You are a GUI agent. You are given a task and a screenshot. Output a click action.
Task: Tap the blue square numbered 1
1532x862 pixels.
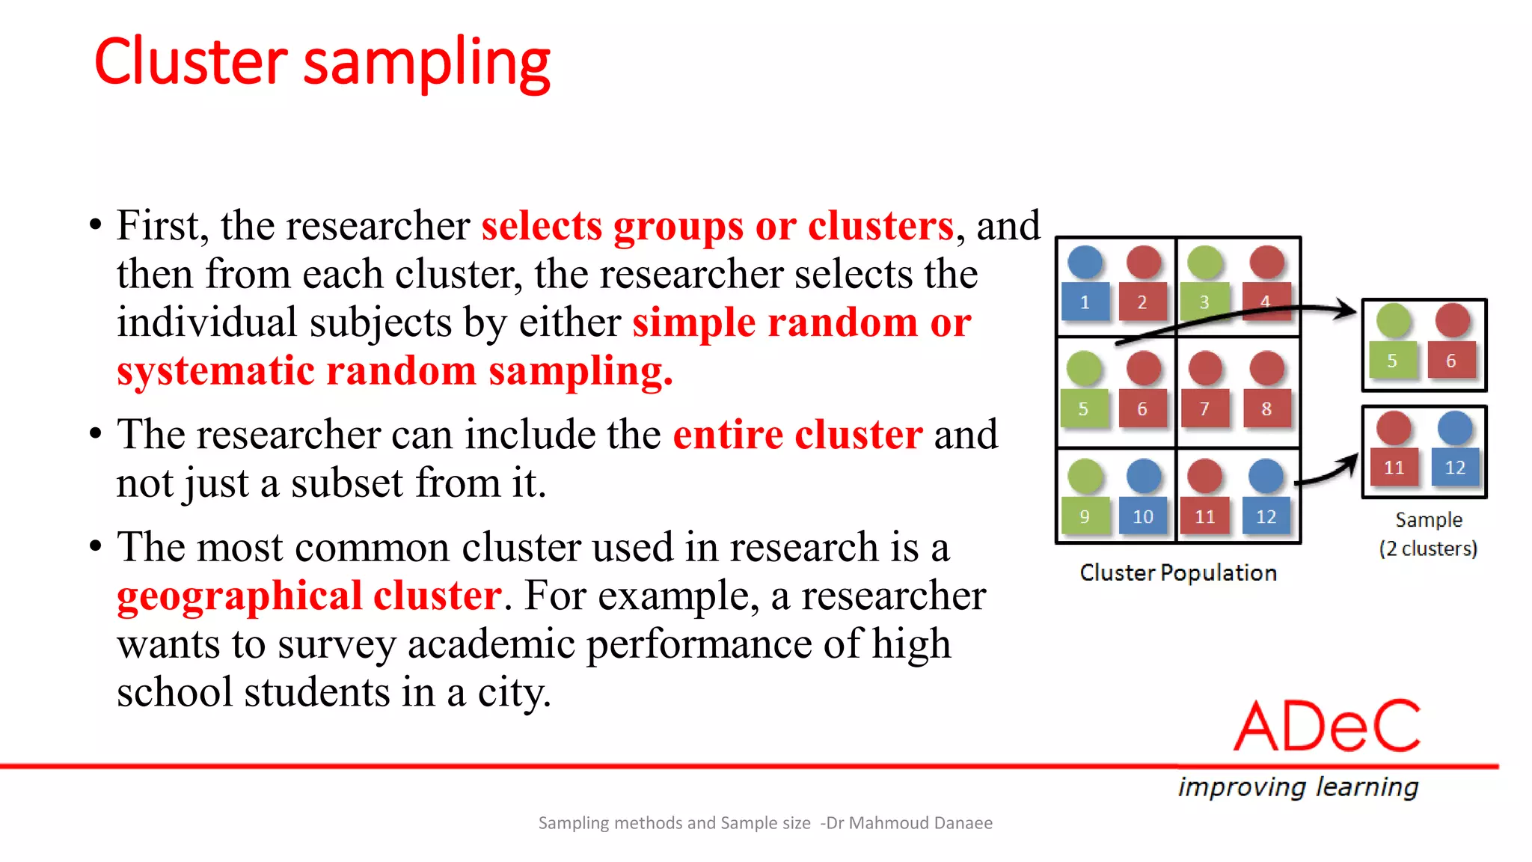pyautogui.click(x=1084, y=302)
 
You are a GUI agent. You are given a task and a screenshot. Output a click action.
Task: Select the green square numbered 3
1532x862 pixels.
pyautogui.click(x=1204, y=302)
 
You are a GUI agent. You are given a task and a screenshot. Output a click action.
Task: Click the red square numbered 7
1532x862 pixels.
pyautogui.click(x=1204, y=409)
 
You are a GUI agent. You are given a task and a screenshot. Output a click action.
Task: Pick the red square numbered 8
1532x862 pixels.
pyautogui.click(x=1266, y=409)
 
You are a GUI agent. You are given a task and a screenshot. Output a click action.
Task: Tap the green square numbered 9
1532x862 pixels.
pyautogui.click(x=1084, y=516)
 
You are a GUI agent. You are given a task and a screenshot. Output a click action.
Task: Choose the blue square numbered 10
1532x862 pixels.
pyautogui.click(x=1143, y=516)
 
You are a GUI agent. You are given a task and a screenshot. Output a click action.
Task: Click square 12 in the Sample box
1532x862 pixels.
pyautogui.click(x=1454, y=468)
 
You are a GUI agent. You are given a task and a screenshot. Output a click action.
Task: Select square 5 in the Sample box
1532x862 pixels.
pyautogui.click(x=1392, y=361)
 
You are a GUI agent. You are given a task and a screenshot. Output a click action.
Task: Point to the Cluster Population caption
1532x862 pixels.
pyautogui.click(x=1178, y=572)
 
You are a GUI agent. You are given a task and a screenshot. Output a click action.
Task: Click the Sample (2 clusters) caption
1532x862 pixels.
pyautogui.click(x=1428, y=534)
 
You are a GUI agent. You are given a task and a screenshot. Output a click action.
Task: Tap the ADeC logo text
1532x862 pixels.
pyautogui.click(x=1327, y=726)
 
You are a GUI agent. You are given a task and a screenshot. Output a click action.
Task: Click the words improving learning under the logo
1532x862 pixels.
pyautogui.click(x=1298, y=787)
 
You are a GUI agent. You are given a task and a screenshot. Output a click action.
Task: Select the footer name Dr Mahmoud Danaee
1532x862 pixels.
pyautogui.click(x=909, y=823)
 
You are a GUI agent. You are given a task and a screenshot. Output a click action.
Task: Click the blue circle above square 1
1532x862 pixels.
pyautogui.click(x=1085, y=261)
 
